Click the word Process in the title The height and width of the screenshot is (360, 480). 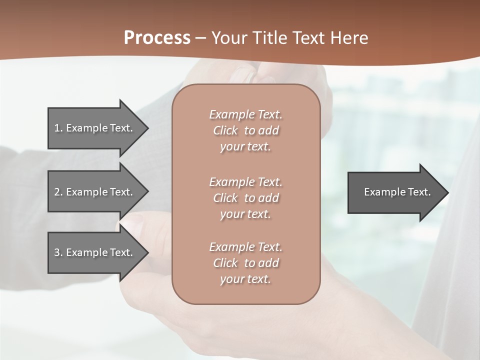point(157,38)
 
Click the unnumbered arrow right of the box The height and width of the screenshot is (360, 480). point(395,192)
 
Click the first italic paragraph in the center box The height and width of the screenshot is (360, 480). point(245,130)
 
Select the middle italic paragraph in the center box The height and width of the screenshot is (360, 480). point(245,198)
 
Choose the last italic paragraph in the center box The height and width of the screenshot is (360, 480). point(245,263)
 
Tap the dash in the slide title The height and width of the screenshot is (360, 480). point(201,38)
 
